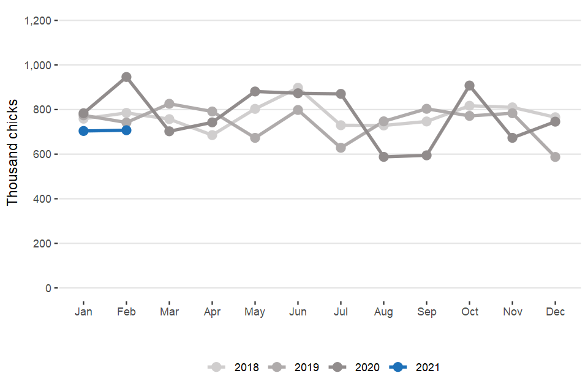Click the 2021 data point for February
[126, 130]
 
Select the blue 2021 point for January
[83, 130]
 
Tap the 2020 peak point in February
[126, 77]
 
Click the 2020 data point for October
[469, 86]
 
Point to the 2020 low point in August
[383, 157]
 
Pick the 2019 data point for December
[555, 157]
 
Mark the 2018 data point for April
[212, 135]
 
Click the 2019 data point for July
[341, 148]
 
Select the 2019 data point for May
[255, 138]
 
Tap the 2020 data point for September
[426, 155]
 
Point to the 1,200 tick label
[37, 21]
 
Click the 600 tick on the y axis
[42, 154]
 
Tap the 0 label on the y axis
[48, 288]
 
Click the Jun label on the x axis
[298, 312]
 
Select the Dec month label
[555, 312]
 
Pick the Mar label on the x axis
[169, 312]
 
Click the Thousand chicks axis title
[13, 153]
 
